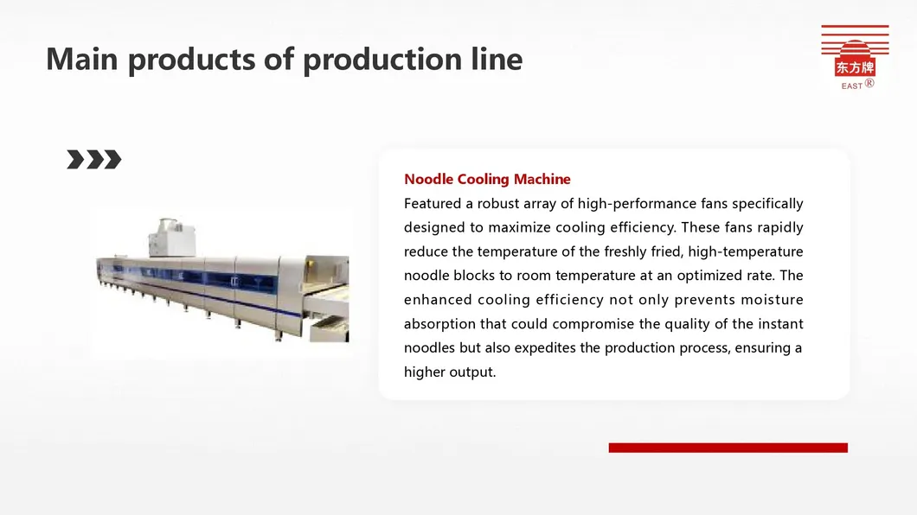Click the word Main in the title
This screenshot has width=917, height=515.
click(82, 59)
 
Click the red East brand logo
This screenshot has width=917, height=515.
click(855, 57)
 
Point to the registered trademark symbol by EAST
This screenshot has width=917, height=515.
click(869, 83)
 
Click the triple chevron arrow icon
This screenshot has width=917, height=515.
click(94, 159)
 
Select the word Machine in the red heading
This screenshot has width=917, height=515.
click(542, 179)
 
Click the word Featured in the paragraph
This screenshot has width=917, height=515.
click(432, 204)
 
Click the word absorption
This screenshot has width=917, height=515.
click(439, 324)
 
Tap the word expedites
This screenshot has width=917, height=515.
click(545, 348)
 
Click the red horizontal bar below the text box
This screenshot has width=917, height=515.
click(728, 448)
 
